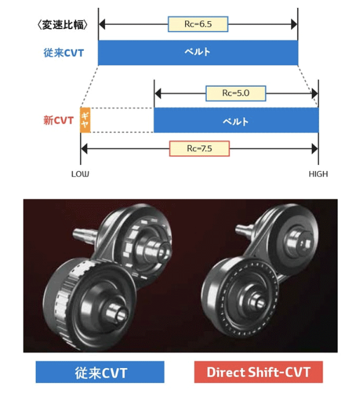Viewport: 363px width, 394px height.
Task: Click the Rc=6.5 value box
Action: click(x=198, y=24)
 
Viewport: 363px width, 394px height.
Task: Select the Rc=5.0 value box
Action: click(x=236, y=93)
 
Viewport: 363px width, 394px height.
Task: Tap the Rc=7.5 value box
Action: click(x=200, y=148)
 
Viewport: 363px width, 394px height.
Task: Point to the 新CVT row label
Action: click(x=58, y=120)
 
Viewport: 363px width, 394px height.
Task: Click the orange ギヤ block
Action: click(x=85, y=120)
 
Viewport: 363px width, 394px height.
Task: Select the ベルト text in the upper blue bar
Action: click(x=198, y=52)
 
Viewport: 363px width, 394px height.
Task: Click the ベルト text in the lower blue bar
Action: click(x=236, y=121)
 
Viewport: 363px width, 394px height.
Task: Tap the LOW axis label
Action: click(x=80, y=174)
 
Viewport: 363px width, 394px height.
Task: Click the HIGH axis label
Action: click(x=318, y=174)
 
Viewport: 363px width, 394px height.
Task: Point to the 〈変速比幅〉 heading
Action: click(x=64, y=25)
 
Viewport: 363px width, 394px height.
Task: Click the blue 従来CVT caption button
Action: click(x=100, y=372)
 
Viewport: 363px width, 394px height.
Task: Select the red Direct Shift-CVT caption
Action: click(x=258, y=372)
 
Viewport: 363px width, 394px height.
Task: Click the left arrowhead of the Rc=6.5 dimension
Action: click(x=102, y=24)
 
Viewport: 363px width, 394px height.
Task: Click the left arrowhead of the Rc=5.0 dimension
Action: click(x=158, y=93)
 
